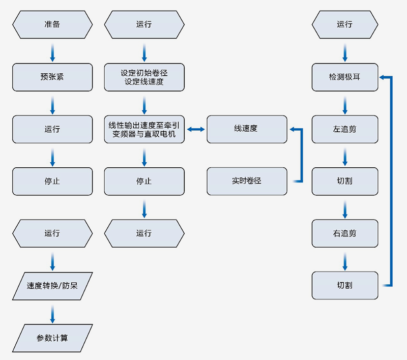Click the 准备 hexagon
[52, 24]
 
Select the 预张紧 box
[52, 77]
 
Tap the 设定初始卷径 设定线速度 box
[144, 77]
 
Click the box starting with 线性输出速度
[144, 129]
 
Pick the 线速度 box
[247, 129]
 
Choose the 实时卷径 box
[247, 181]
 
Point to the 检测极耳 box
[345, 77]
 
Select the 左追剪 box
[345, 129]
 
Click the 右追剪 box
[345, 233]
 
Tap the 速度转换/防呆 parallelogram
[52, 285]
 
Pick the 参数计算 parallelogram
[52, 338]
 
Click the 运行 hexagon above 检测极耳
[345, 24]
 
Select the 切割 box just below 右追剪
[345, 285]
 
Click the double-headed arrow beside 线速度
[196, 130]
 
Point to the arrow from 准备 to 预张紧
[52, 51]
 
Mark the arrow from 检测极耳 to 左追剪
[345, 104]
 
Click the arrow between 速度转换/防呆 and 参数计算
[52, 312]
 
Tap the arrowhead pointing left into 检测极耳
[383, 77]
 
